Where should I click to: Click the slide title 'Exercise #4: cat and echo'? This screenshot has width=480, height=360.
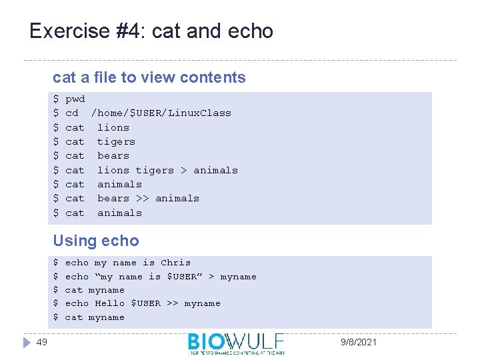click(151, 31)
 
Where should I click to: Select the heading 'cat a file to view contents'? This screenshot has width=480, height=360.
click(149, 77)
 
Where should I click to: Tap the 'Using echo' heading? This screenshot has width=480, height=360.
click(96, 241)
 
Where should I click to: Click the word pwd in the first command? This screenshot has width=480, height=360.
click(75, 99)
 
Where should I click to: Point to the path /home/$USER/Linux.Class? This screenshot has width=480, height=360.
click(161, 113)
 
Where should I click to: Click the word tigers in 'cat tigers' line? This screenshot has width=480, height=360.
click(116, 141)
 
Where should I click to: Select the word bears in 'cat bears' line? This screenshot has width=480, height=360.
click(113, 155)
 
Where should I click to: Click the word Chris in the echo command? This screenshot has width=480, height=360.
click(175, 263)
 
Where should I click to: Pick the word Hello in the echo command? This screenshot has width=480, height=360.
click(109, 303)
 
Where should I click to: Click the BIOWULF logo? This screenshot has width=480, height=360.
click(236, 342)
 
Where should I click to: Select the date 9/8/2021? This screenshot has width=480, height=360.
click(358, 342)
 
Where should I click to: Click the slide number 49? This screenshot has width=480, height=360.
click(42, 342)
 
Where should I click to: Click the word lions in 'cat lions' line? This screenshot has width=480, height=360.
click(113, 127)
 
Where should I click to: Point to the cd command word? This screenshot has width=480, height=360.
click(72, 113)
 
